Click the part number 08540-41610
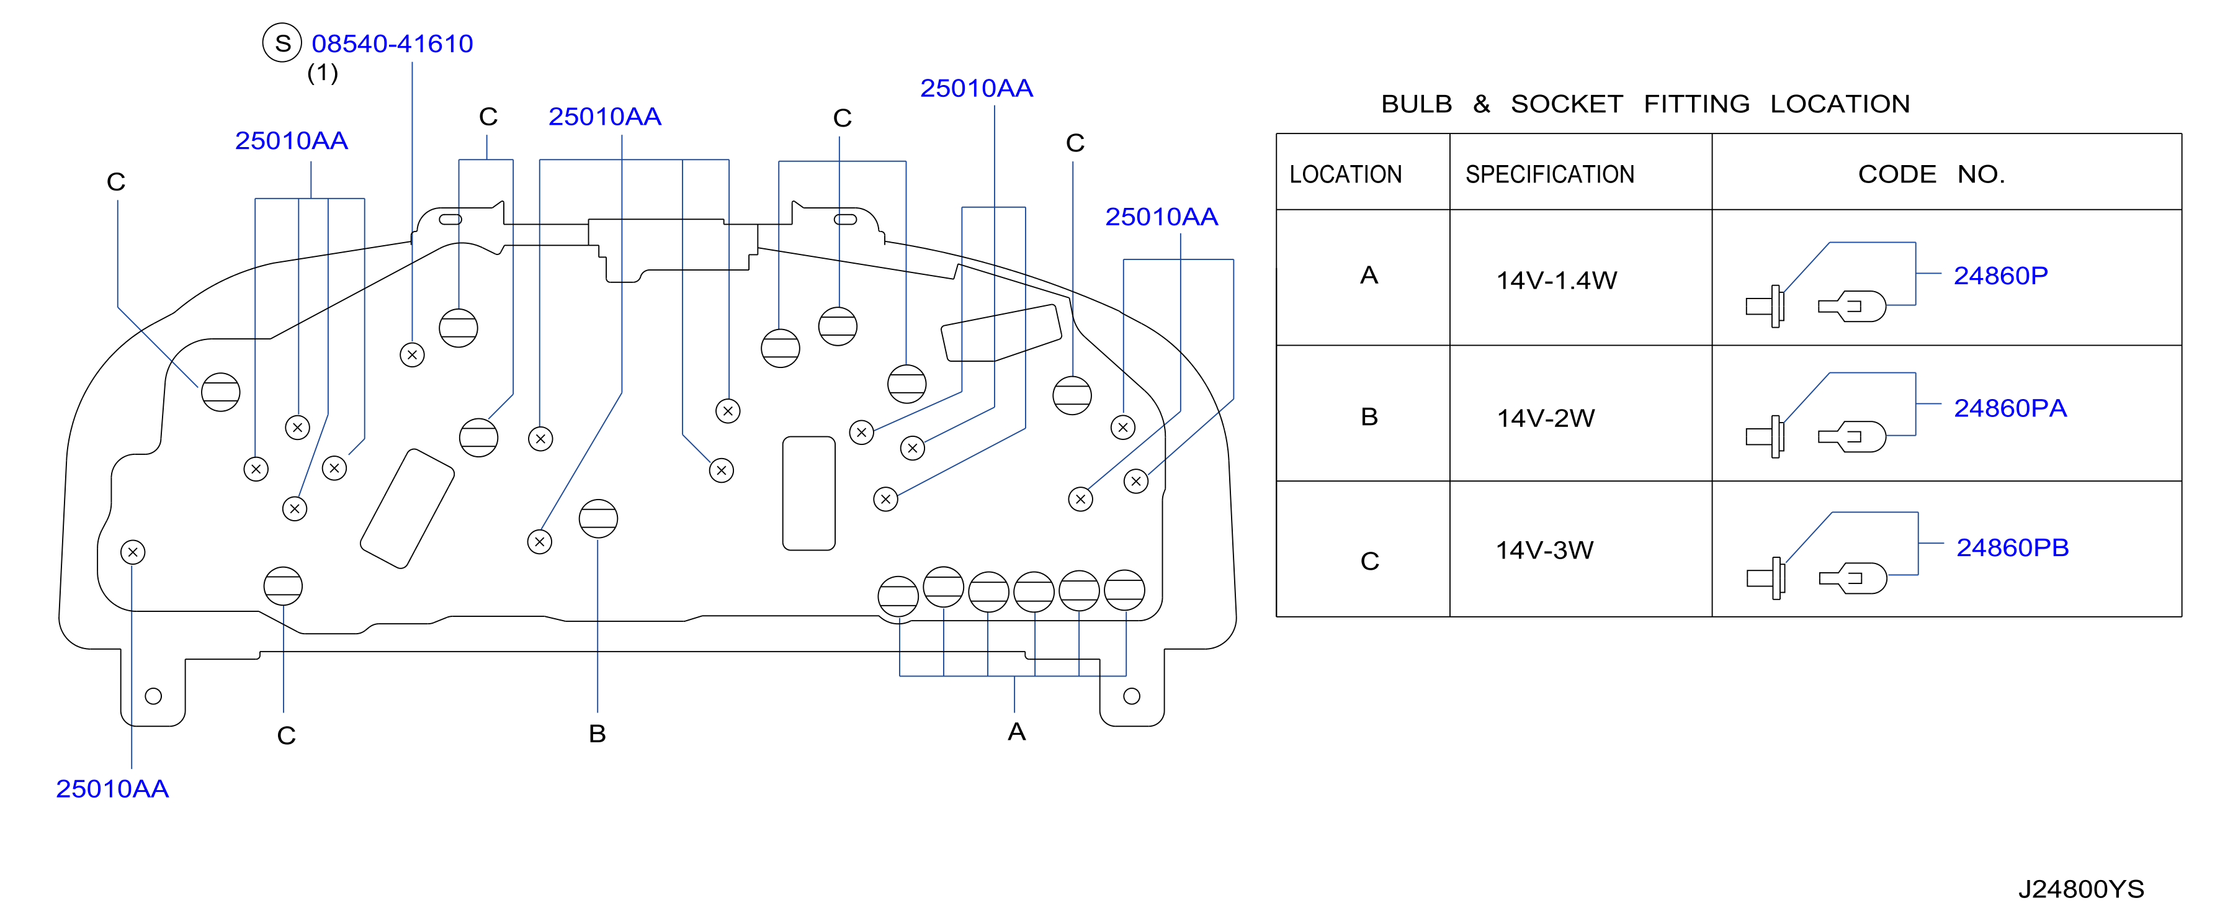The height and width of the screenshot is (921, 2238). (x=392, y=43)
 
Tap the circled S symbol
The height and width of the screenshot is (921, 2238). (x=282, y=43)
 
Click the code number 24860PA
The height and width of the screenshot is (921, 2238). (x=2010, y=408)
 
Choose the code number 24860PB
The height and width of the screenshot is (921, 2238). (x=2012, y=547)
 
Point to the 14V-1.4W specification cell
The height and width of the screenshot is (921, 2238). (x=1556, y=281)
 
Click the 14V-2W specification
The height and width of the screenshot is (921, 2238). (x=1546, y=418)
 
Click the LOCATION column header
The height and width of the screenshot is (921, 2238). (x=1346, y=174)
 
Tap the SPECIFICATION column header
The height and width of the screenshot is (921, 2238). (x=1550, y=174)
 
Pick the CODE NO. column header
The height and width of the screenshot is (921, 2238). (x=1931, y=174)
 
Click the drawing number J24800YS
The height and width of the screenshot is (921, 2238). (x=2081, y=889)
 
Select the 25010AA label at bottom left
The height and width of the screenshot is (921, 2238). (x=112, y=789)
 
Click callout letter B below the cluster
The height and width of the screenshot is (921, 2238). (x=597, y=734)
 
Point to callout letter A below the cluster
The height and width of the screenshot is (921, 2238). (x=1016, y=732)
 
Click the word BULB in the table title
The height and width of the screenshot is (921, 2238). (x=1416, y=104)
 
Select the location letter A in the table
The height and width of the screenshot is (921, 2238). (x=1369, y=276)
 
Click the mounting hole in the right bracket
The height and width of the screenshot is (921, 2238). (x=1131, y=696)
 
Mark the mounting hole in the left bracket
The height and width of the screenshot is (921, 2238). (x=154, y=696)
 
